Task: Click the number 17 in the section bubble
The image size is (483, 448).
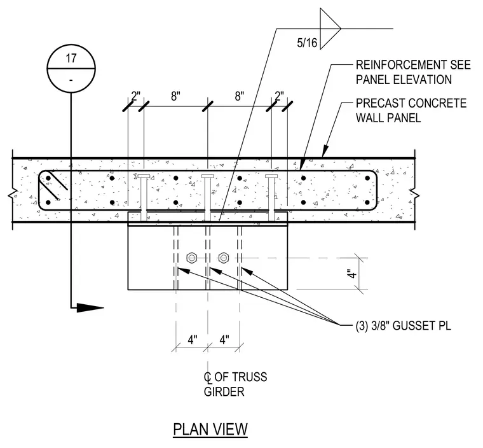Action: pos(71,58)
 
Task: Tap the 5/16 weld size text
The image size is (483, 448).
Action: pos(307,43)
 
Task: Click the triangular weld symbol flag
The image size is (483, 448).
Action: pos(330,29)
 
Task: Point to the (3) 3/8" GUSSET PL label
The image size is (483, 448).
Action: pos(403,326)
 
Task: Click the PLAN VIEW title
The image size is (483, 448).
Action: pos(210,429)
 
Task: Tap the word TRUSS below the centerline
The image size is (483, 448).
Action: pos(249,377)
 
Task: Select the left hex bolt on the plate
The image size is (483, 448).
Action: pos(191,258)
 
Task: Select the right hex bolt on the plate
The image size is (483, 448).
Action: pos(223,258)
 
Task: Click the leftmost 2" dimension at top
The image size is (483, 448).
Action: pos(135,96)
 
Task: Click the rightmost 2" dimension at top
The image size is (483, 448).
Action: pos(279,96)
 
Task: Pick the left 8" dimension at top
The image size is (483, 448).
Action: pos(175,96)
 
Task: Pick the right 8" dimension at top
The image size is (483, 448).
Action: pos(240,96)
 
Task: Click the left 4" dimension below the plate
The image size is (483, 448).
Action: pos(192,340)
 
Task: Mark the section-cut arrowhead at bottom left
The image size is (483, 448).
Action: pos(90,307)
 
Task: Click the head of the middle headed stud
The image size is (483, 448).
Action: pos(208,176)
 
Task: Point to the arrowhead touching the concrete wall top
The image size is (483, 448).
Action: pos(325,151)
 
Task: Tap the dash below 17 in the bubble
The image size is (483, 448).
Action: pos(71,81)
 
